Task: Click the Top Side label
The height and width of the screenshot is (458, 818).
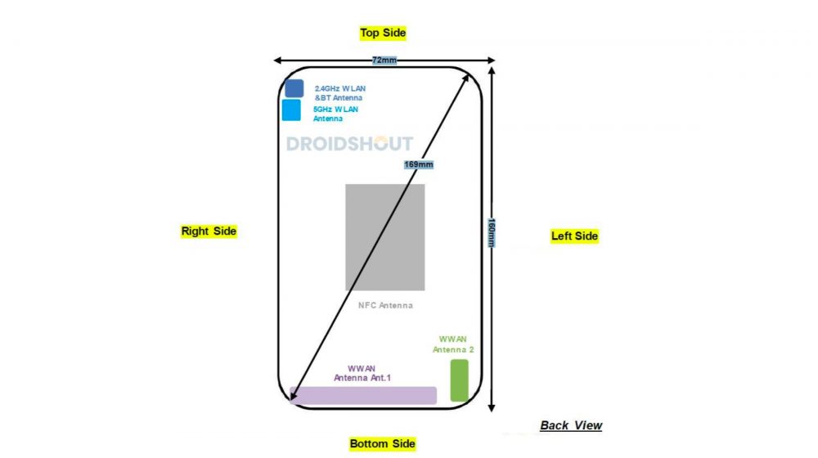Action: point(383,33)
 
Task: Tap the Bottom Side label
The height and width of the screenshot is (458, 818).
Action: point(382,443)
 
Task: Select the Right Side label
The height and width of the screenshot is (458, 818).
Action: point(209,231)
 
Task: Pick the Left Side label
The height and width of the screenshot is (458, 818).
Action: point(574,236)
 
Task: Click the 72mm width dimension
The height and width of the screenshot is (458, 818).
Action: point(384,61)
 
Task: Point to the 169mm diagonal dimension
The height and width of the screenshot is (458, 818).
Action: point(419,164)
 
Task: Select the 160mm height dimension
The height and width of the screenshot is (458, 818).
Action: point(491,233)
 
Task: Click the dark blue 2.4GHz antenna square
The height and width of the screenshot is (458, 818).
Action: point(294,88)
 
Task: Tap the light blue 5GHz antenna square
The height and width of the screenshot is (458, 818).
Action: point(292,110)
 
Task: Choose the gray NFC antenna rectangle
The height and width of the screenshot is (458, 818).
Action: point(384,237)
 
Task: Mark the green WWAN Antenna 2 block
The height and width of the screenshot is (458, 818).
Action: point(459,380)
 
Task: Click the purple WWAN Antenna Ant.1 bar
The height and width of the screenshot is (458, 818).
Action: point(363,395)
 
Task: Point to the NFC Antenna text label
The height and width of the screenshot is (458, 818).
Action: point(385,306)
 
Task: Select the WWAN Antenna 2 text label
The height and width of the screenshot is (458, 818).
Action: point(453,343)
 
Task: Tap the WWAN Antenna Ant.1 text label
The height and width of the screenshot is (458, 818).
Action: point(363,373)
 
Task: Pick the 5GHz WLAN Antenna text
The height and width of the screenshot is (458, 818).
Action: point(335,114)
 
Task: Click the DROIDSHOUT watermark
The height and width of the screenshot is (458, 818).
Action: point(349,144)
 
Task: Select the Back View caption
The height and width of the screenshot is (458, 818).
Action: point(571,425)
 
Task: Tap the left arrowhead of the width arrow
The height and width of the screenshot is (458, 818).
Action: point(277,61)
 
